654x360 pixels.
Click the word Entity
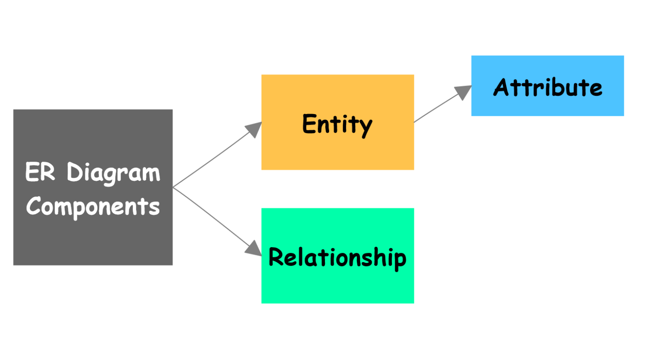tap(337, 124)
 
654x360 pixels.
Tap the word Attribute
tap(548, 88)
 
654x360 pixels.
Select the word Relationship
tap(337, 257)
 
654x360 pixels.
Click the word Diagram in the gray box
tap(113, 173)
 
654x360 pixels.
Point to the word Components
tap(93, 207)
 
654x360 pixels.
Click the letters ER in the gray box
tap(40, 172)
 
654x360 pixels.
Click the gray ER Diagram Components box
tap(93, 243)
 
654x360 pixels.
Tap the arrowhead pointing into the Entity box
tap(254, 129)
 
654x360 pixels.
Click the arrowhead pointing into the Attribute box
tap(464, 91)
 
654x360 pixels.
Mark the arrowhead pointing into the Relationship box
tap(254, 249)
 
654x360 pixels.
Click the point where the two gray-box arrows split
tap(174, 187)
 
